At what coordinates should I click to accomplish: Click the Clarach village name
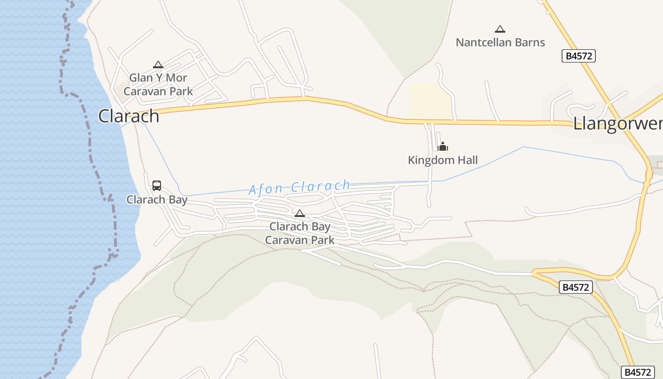[x=128, y=116]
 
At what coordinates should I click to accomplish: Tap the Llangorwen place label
[x=618, y=124]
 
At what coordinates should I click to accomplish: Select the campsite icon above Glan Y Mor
[x=158, y=64]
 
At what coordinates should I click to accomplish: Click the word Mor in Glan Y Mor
[x=177, y=78]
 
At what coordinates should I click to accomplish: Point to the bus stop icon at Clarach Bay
[x=157, y=185]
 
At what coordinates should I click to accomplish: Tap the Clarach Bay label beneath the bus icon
[x=157, y=199]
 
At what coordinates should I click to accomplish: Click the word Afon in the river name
[x=267, y=189]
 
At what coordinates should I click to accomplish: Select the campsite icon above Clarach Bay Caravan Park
[x=300, y=213]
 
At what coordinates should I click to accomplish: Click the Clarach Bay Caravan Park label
[x=300, y=233]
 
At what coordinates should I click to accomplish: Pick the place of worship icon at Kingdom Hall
[x=443, y=146]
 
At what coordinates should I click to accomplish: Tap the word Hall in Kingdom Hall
[x=467, y=160]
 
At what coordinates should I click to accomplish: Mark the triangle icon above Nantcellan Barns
[x=500, y=29]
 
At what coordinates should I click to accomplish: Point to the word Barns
[x=532, y=42]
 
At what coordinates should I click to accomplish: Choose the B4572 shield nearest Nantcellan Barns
[x=579, y=56]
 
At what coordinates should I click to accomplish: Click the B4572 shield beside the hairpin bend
[x=576, y=287]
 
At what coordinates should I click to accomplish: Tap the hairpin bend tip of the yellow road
[x=533, y=273]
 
